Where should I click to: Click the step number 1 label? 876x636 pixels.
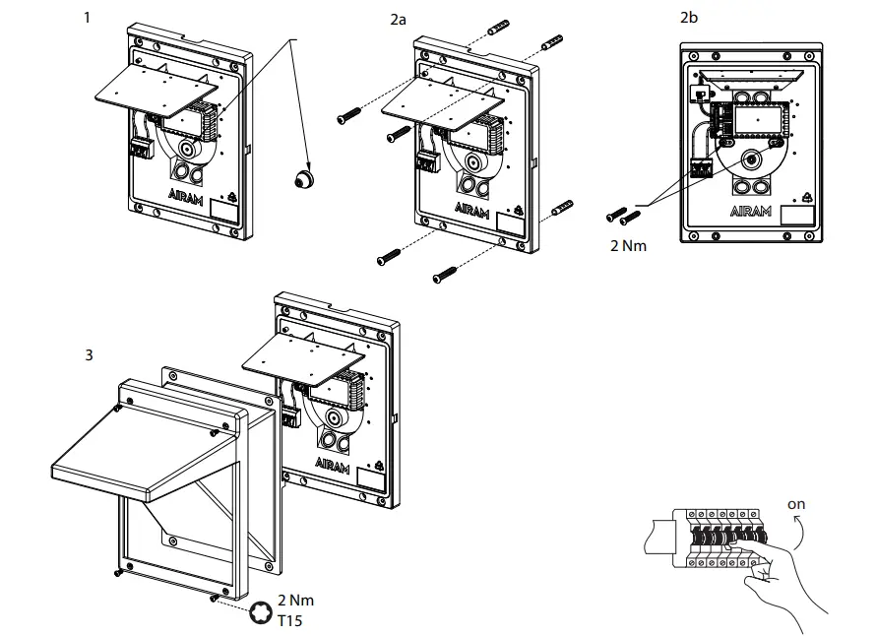90,17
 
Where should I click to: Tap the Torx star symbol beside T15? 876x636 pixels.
263,611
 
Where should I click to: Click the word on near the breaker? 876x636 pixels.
796,504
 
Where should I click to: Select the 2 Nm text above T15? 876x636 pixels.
296,600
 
